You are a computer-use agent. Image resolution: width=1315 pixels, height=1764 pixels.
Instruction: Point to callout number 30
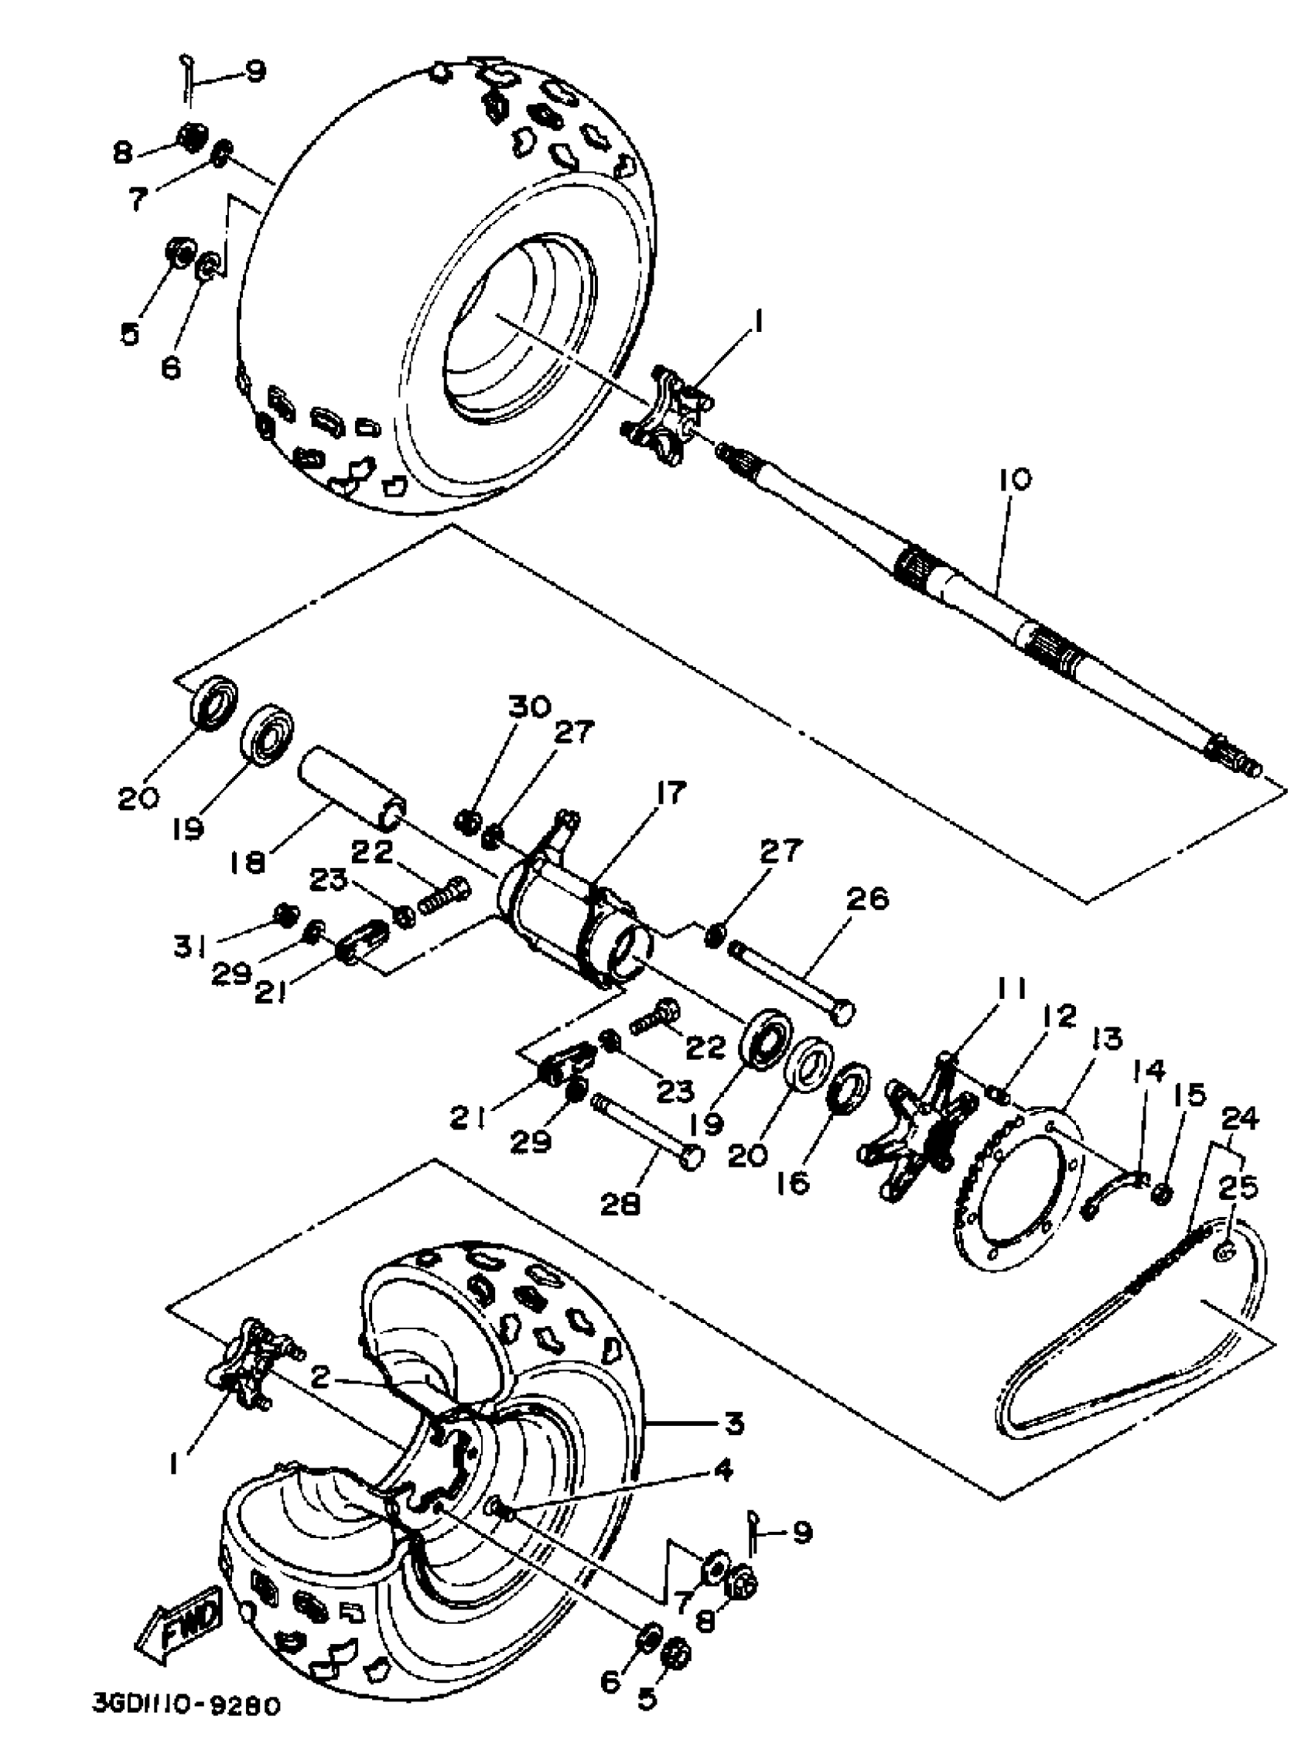[x=528, y=707]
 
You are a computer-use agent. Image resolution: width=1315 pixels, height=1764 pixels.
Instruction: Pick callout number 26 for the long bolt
[x=869, y=900]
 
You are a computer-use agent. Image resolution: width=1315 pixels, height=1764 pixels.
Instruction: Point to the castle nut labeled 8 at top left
[x=190, y=137]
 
